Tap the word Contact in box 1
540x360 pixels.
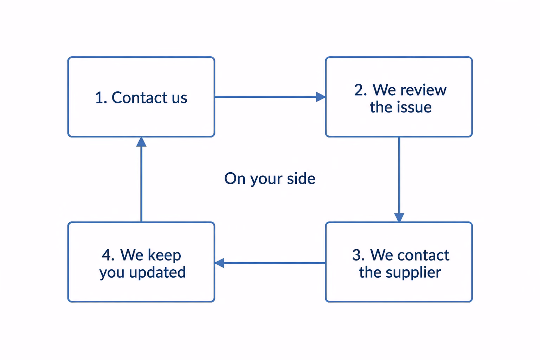click(x=140, y=98)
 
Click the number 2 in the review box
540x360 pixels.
click(x=361, y=90)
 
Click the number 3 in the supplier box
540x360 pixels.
click(x=359, y=255)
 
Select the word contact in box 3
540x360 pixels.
click(x=423, y=255)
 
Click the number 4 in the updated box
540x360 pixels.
click(x=108, y=255)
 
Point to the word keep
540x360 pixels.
click(x=164, y=256)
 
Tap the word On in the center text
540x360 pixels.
click(x=235, y=179)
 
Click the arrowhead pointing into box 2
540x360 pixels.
click(x=321, y=97)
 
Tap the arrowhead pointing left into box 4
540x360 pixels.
click(x=219, y=263)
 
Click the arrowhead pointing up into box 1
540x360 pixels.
click(x=141, y=142)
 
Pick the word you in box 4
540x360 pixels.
click(x=112, y=274)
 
